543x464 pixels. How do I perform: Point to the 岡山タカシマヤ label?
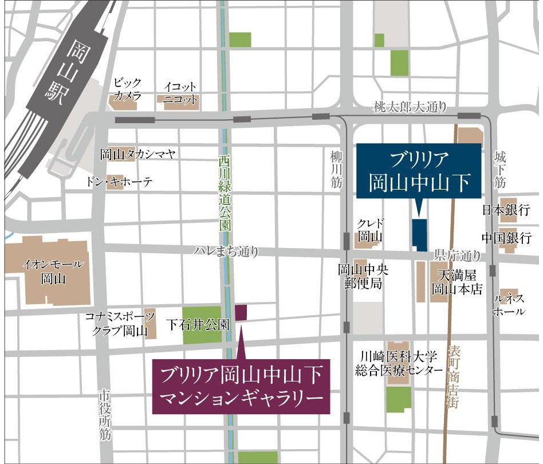137,154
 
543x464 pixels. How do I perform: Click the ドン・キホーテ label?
120,182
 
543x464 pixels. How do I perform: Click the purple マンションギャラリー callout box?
241,387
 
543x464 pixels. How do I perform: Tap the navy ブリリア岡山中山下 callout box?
419,170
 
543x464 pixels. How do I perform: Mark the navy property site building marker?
420,234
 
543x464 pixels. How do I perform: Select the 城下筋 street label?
499,169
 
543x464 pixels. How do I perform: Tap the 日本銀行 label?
506,210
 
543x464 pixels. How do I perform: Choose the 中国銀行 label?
506,237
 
